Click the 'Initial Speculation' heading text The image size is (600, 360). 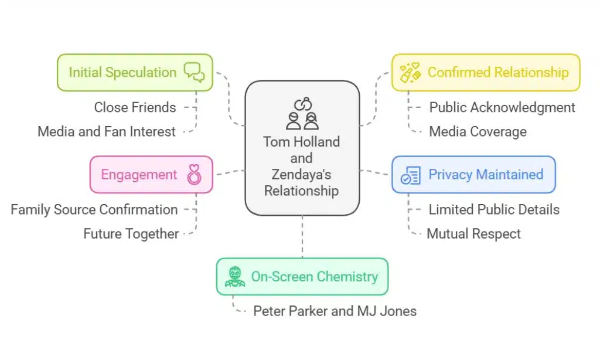pyautogui.click(x=122, y=72)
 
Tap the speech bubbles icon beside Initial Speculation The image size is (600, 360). pyautogui.click(x=194, y=72)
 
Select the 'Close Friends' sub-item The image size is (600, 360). pyautogui.click(x=135, y=107)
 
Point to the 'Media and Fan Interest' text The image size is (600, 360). pyautogui.click(x=107, y=131)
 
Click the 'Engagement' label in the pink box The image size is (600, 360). pyautogui.click(x=139, y=174)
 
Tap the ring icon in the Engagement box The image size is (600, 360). pyautogui.click(x=193, y=175)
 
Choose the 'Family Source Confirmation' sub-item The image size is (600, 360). pyautogui.click(x=94, y=209)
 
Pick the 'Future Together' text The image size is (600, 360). pyautogui.click(x=131, y=233)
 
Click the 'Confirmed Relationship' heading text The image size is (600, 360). pyautogui.click(x=498, y=72)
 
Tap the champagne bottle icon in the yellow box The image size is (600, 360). pyautogui.click(x=410, y=73)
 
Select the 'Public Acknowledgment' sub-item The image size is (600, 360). pyautogui.click(x=502, y=107)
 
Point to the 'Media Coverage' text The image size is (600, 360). pyautogui.click(x=478, y=131)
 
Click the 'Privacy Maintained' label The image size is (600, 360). pyautogui.click(x=486, y=174)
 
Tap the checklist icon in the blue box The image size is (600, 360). pyautogui.click(x=410, y=175)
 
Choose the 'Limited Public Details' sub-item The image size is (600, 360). pyautogui.click(x=494, y=209)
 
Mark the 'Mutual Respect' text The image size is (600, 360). pyautogui.click(x=473, y=233)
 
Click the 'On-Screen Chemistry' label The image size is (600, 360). pyautogui.click(x=315, y=276)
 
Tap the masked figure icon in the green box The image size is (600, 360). pyautogui.click(x=235, y=277)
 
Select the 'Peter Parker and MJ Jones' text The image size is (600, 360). pyautogui.click(x=335, y=311)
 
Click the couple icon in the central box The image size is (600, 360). pyautogui.click(x=302, y=114)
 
